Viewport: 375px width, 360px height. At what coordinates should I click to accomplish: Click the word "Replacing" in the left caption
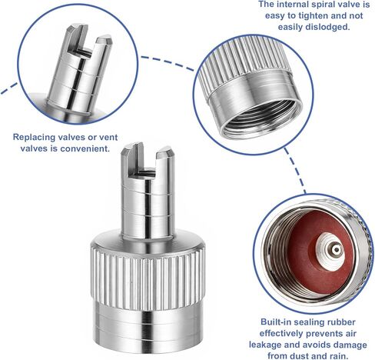(x=34, y=138)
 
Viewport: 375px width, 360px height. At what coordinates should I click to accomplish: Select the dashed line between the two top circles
(x=167, y=62)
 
